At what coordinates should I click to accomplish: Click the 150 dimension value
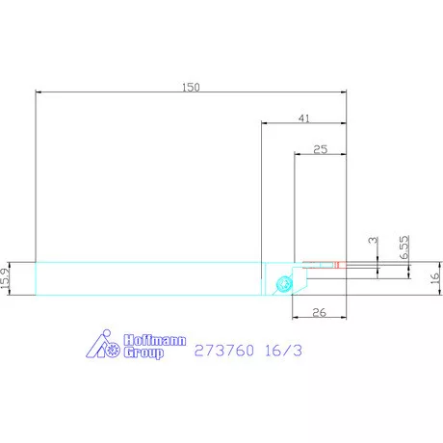click(191, 88)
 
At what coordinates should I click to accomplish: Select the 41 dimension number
click(304, 118)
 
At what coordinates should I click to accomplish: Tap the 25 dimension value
click(321, 149)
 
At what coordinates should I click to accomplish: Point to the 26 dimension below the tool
click(319, 312)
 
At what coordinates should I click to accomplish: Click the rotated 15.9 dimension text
click(6, 278)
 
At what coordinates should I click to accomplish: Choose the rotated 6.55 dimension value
click(404, 248)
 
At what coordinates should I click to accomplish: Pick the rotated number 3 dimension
click(373, 240)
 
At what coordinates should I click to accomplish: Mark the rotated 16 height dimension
click(434, 278)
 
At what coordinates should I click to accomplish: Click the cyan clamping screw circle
click(284, 284)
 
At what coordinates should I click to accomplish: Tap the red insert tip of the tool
click(340, 265)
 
